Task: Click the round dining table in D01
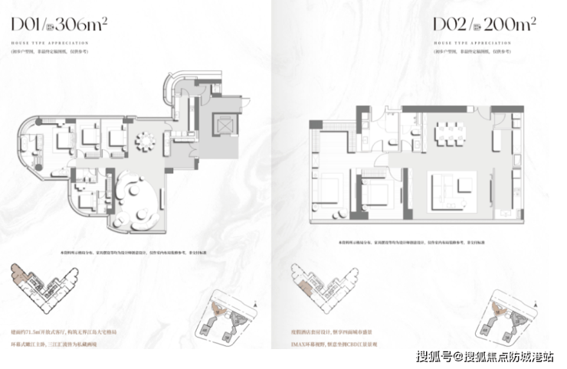[144, 142]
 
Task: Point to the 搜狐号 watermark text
[435, 356]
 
